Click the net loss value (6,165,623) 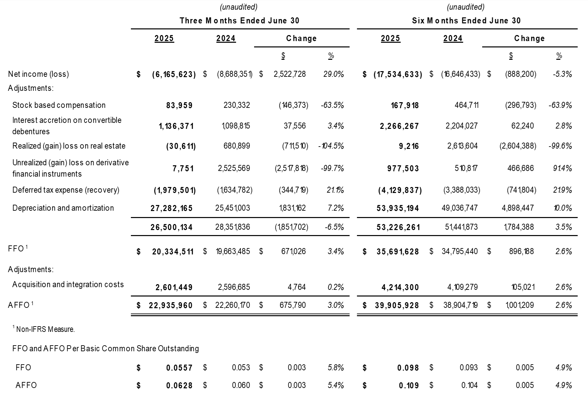(174, 74)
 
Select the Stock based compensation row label (59, 105)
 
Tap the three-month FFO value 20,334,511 (173, 251)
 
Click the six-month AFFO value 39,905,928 (397, 305)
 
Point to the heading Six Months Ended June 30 (466, 21)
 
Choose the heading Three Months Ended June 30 (239, 21)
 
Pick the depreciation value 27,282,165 (171, 208)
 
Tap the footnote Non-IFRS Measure (45, 329)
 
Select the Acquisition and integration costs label (68, 284)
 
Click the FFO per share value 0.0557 (179, 368)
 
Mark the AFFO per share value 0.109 (409, 385)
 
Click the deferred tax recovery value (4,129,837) (400, 190)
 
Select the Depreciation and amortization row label (63, 208)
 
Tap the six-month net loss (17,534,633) (397, 74)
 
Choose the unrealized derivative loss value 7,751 (183, 168)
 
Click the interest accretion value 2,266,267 (399, 126)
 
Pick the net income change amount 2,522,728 (289, 74)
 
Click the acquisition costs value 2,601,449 (174, 287)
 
